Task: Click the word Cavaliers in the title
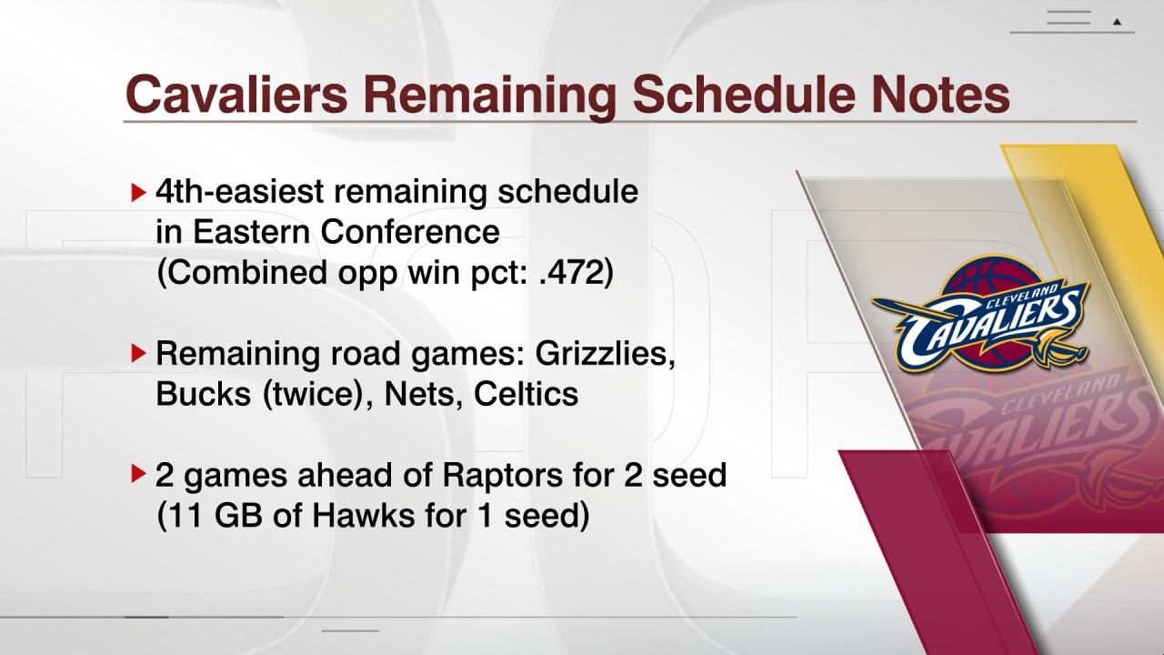pos(236,94)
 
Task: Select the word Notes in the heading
pos(940,94)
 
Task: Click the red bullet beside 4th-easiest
pos(138,192)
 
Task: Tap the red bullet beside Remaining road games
pos(138,352)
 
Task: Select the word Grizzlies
pos(606,353)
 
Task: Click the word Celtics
pos(526,393)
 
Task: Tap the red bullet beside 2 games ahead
pos(138,474)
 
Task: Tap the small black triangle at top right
pos(1118,21)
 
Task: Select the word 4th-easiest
pos(238,192)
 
